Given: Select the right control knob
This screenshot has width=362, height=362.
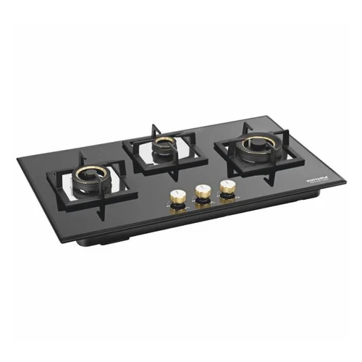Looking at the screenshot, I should (x=227, y=187).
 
